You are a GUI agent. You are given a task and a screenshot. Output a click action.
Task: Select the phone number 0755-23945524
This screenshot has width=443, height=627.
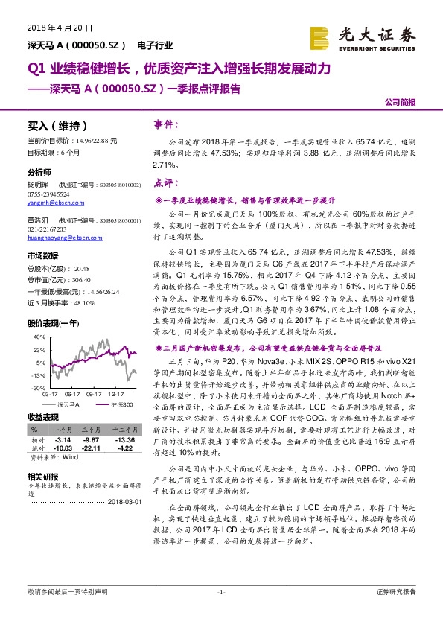(x=48, y=194)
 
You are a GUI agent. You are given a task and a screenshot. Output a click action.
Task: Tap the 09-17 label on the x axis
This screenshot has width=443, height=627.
(x=92, y=395)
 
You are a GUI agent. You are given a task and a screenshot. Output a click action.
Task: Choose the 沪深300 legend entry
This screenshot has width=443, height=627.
(x=121, y=404)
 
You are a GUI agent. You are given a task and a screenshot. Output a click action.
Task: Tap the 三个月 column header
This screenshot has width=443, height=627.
(x=92, y=430)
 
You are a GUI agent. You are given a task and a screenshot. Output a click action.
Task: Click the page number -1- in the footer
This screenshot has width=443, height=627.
(x=220, y=592)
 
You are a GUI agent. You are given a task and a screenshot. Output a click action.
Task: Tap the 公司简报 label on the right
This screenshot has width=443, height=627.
(x=401, y=102)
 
